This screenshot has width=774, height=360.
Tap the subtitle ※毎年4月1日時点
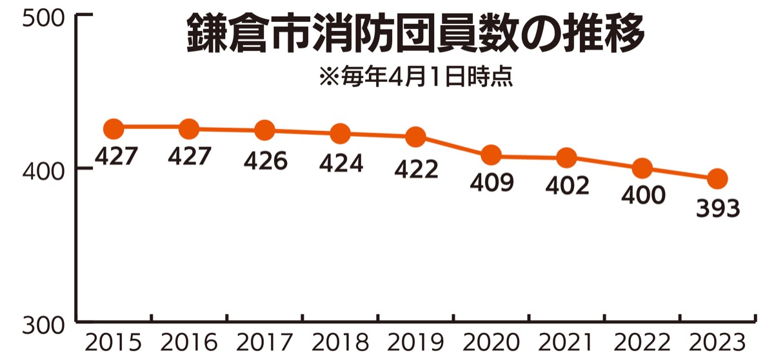[415, 78]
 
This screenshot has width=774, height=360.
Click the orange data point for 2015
[113, 128]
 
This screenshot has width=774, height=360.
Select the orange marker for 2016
[189, 128]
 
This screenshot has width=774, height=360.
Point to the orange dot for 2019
[416, 136]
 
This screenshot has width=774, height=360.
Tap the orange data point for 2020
[491, 155]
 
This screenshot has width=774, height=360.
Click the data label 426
[265, 161]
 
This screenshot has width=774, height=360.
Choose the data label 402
[567, 185]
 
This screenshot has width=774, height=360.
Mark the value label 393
[717, 209]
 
